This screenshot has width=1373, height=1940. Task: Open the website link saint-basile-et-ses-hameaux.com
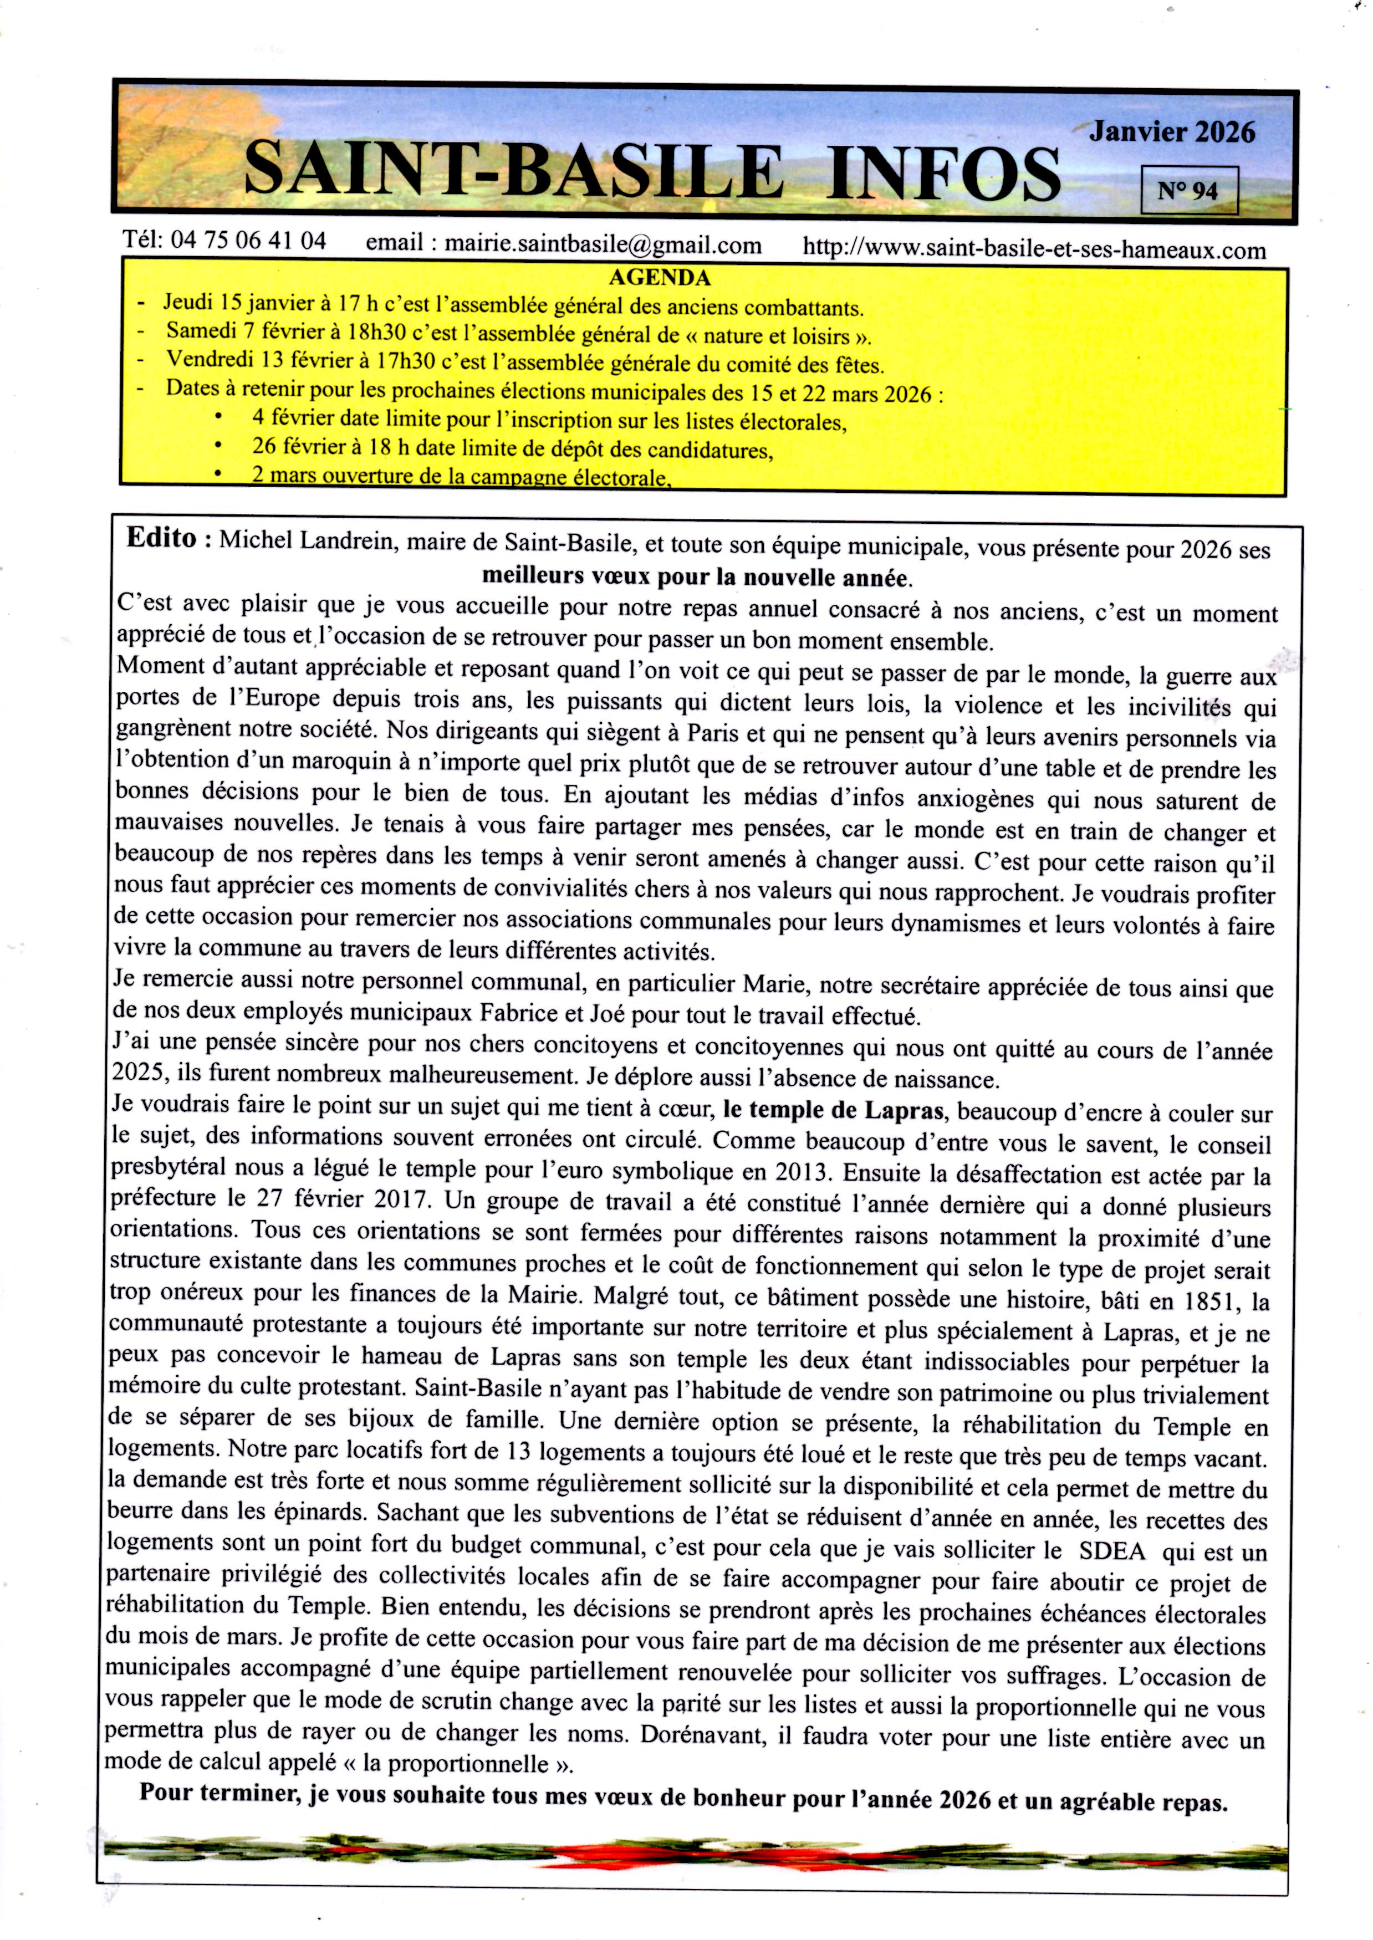coord(1033,249)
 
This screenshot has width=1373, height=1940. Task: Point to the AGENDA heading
coord(660,277)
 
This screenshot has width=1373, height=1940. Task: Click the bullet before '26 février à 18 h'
coord(219,445)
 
